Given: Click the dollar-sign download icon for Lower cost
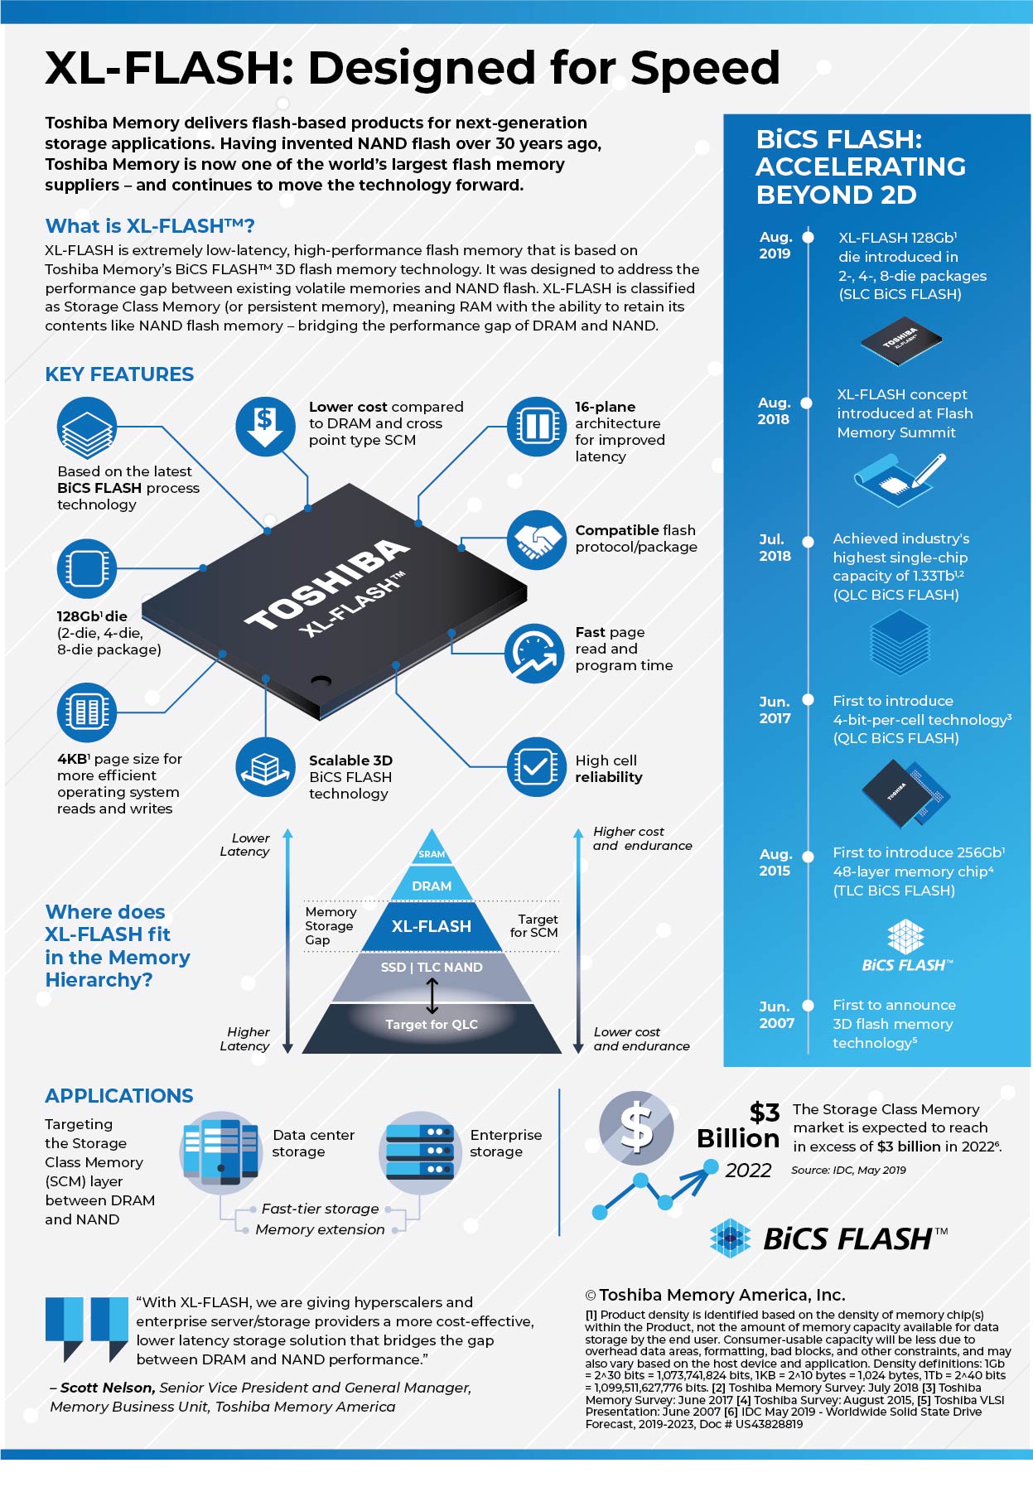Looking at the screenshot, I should click(x=265, y=427).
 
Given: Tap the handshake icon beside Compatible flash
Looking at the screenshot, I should click(x=536, y=540).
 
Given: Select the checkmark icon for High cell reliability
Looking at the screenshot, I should click(x=536, y=767).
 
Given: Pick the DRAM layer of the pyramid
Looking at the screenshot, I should click(x=432, y=886).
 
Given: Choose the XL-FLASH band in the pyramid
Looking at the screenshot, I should click(x=431, y=926).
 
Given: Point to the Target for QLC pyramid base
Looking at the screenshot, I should click(x=432, y=1025).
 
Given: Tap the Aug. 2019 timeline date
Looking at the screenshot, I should click(x=775, y=245).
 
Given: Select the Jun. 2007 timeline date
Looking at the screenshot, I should click(x=776, y=1015).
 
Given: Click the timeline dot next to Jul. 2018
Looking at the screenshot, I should click(x=809, y=539).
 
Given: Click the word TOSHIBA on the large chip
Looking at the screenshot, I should click(x=327, y=584).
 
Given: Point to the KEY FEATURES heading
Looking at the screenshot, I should click(x=119, y=374).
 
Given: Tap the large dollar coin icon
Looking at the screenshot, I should click(x=636, y=1129).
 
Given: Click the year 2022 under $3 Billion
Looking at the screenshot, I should click(x=748, y=1171).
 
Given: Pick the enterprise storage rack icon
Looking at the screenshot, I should click(x=418, y=1151).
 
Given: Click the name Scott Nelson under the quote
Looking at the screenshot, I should click(x=107, y=1388).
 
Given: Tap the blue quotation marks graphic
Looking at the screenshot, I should click(x=86, y=1328).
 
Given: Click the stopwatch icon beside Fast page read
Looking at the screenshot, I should click(x=535, y=654).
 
